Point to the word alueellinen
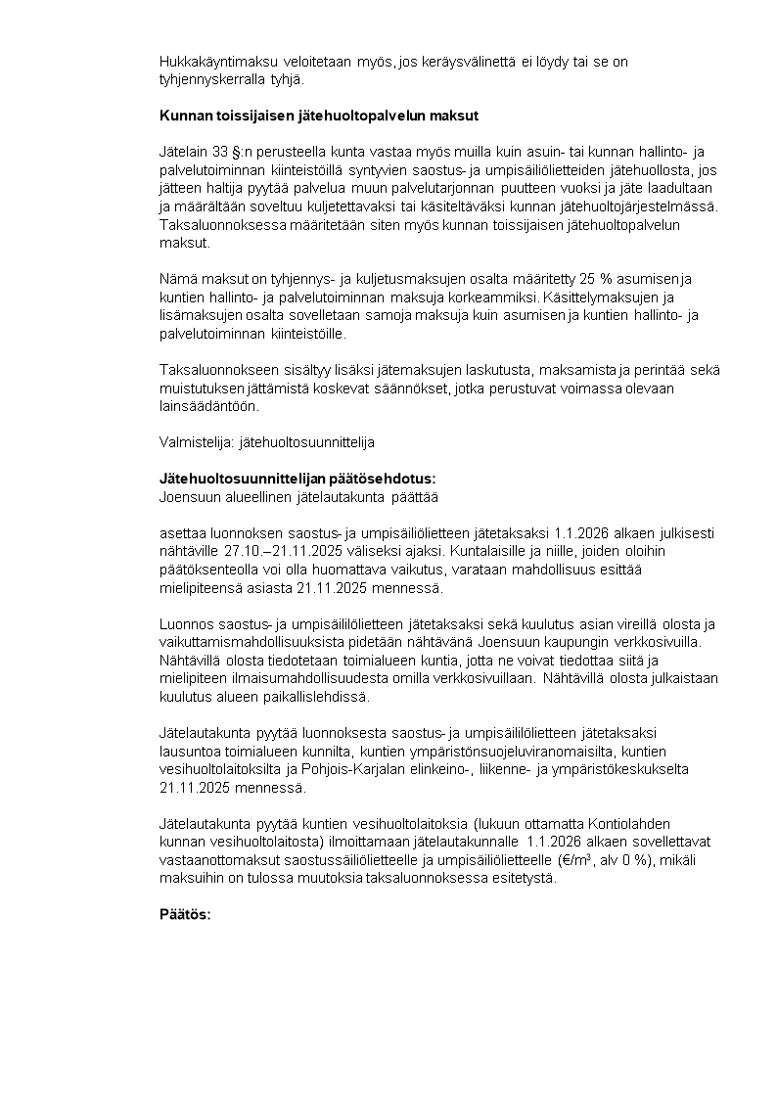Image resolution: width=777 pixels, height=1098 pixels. point(267,495)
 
